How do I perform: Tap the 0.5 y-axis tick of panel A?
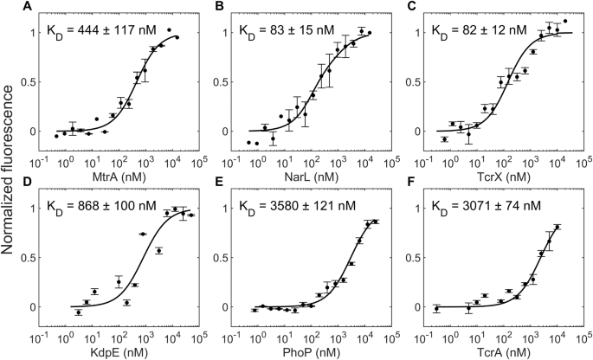pyautogui.click(x=35, y=82)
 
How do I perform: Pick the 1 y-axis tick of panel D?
pyautogui.click(x=40, y=209)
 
